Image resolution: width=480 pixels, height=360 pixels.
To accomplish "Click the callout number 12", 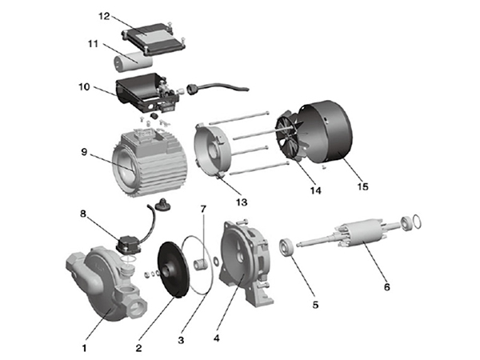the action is pyautogui.click(x=104, y=16).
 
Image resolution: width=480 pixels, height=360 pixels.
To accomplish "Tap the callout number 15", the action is pyautogui.click(x=362, y=186).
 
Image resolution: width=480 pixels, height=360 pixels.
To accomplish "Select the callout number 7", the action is pyautogui.click(x=203, y=209).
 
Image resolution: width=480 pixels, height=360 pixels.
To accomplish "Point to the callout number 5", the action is pyautogui.click(x=315, y=305).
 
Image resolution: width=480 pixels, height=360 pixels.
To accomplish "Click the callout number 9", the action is pyautogui.click(x=84, y=152).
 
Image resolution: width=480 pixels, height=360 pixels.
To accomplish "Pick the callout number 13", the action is pyautogui.click(x=242, y=202).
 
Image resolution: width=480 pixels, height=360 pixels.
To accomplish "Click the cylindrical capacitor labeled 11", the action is pyautogui.click(x=133, y=62).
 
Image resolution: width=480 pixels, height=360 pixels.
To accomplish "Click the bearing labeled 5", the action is pyautogui.click(x=287, y=246).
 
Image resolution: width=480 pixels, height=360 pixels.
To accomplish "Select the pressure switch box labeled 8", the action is pyautogui.click(x=130, y=245).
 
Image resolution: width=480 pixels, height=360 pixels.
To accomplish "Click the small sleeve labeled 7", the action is pyautogui.click(x=201, y=263).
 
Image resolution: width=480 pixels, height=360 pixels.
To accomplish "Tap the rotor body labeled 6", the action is pyautogui.click(x=362, y=234).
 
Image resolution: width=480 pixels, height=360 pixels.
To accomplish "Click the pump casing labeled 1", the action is pyautogui.click(x=106, y=283).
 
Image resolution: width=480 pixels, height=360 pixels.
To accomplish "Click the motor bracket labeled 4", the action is pyautogui.click(x=246, y=263).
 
